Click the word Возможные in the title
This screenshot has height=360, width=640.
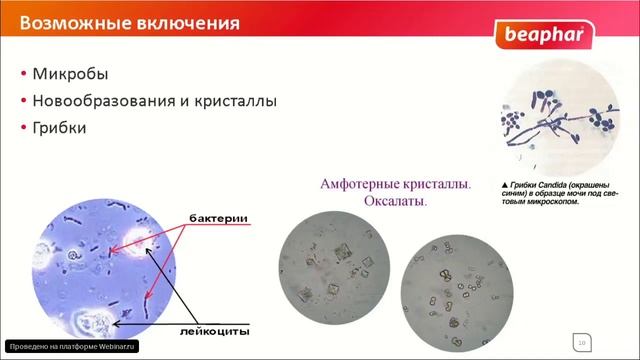coord(66,19)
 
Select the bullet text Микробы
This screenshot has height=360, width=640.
coord(70,75)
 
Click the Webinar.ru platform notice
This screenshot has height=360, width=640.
coord(69,346)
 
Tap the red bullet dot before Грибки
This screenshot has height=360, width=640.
coord(24,128)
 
